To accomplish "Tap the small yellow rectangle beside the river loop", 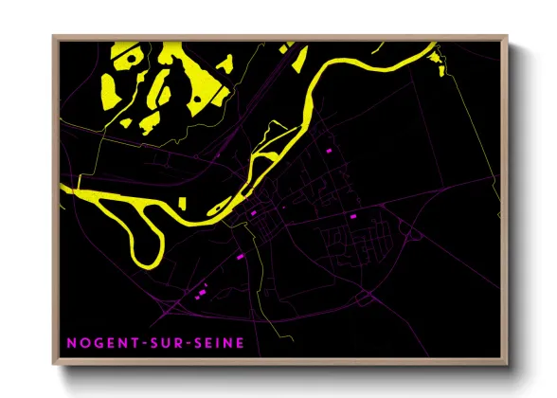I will coord(183,202).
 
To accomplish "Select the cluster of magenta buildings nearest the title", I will coord(201,295).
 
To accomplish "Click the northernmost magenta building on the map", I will coord(330,151).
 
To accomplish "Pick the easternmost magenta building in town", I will coord(353,217).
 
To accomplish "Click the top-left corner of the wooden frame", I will coord(55,38).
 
